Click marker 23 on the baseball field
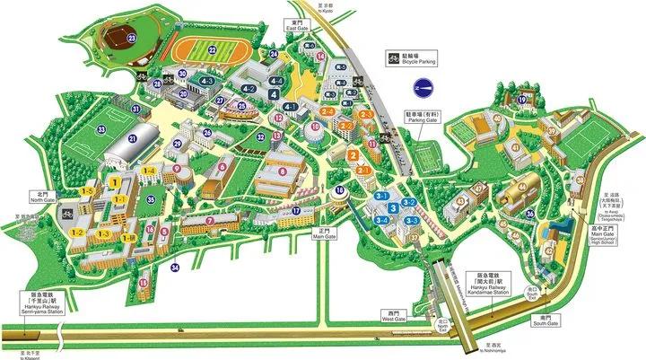[x=131, y=39]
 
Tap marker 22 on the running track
[x=213, y=51]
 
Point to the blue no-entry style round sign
[x=423, y=88]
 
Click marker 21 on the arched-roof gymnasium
[x=132, y=138]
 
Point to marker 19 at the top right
[x=522, y=100]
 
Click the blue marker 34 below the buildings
[x=176, y=267]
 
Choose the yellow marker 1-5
[x=88, y=192]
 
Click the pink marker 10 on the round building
[x=314, y=128]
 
